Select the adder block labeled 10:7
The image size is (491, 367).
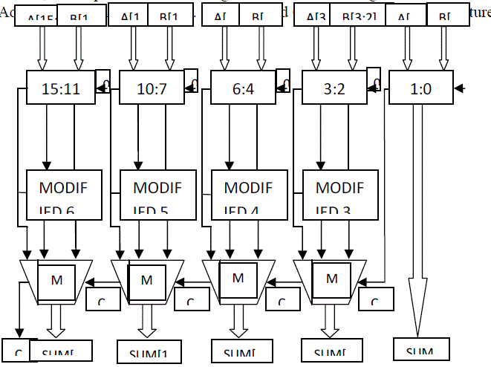pos(152,89)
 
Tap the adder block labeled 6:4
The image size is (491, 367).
pos(244,89)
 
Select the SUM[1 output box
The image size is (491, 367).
pos(149,351)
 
